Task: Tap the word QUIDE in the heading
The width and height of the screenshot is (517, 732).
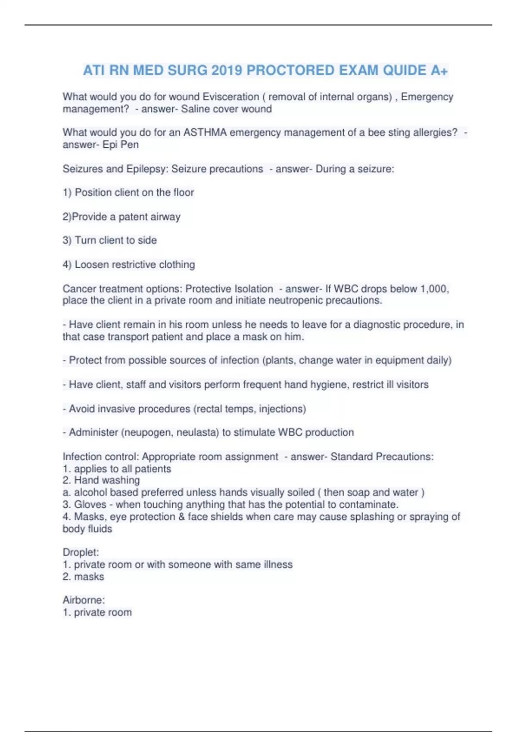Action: [x=404, y=70]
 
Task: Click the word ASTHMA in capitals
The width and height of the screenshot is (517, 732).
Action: [x=205, y=133]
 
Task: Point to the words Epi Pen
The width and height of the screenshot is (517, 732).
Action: [x=121, y=145]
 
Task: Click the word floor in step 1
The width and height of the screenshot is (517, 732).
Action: [x=184, y=192]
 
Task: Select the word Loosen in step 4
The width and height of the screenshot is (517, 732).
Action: [x=92, y=264]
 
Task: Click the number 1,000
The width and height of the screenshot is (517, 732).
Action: [x=434, y=288]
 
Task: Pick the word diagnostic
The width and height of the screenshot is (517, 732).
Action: [x=380, y=325]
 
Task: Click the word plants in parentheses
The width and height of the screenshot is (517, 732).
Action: [x=279, y=360]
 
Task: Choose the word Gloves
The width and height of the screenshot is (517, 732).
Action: [x=90, y=505]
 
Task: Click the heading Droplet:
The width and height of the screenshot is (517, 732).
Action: [x=81, y=552]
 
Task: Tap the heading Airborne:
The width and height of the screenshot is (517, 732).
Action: [x=84, y=600]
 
